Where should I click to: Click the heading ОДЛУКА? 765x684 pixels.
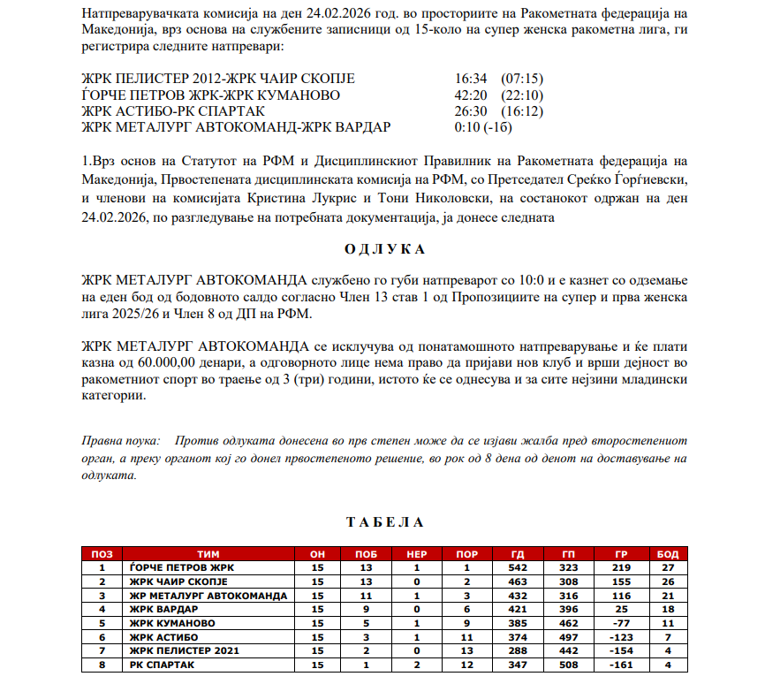[383, 249]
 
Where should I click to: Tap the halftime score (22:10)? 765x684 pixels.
[521, 95]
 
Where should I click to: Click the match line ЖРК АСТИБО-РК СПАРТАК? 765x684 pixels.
[164, 111]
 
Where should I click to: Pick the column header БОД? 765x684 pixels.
[668, 553]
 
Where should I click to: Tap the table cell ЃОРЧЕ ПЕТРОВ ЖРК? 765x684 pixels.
[182, 567]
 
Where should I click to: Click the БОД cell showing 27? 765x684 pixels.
[668, 567]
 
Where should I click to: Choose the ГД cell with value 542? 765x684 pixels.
[518, 567]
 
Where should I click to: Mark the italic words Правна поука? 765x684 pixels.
[120, 440]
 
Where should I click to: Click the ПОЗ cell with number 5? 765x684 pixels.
[102, 623]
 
